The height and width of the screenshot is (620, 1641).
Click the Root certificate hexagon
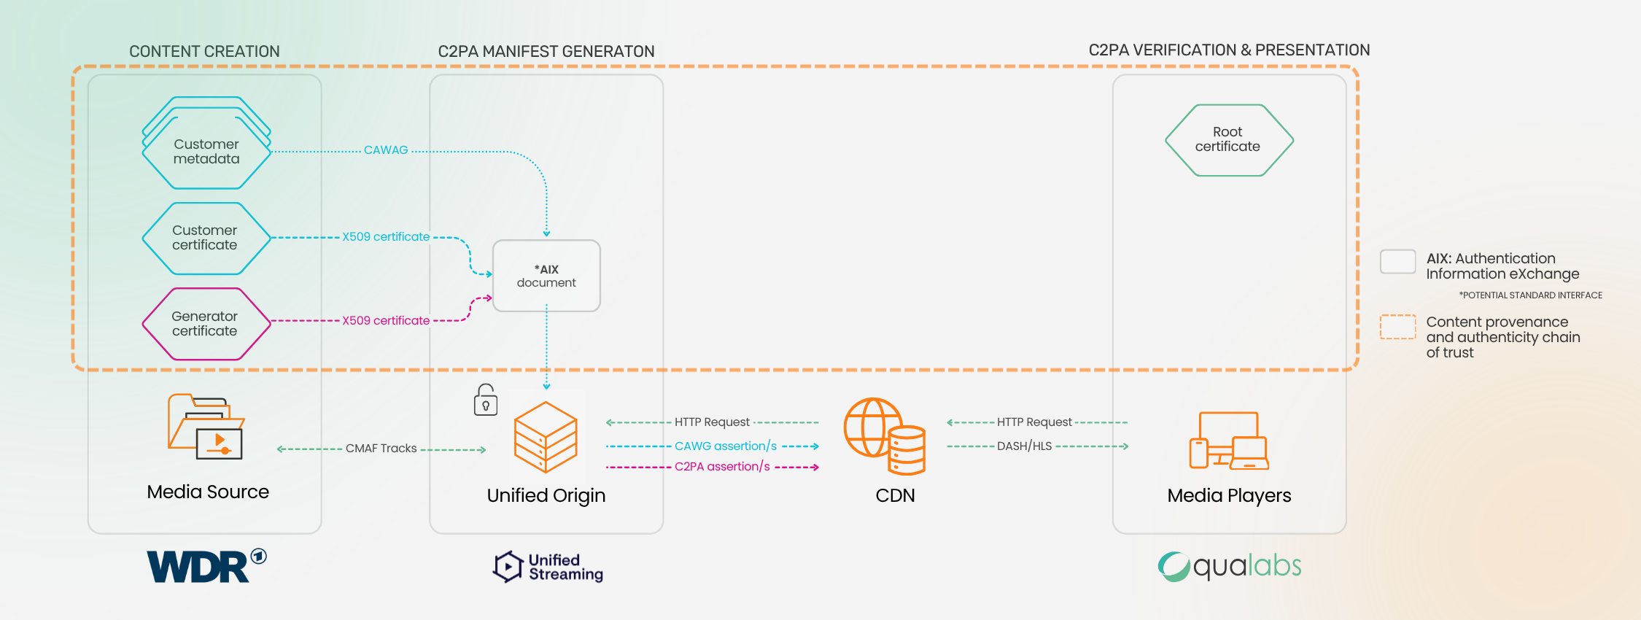tap(1228, 140)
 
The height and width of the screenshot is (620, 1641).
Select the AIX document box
tap(546, 276)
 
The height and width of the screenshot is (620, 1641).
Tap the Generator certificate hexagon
tap(206, 324)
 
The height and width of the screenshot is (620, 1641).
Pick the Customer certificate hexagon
tap(206, 238)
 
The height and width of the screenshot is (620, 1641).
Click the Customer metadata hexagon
tap(206, 151)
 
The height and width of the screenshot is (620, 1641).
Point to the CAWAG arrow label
tap(386, 150)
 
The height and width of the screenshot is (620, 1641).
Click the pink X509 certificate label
tap(386, 321)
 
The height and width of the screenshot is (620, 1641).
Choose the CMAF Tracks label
tap(381, 449)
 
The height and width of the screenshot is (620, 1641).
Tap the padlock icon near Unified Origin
tap(486, 400)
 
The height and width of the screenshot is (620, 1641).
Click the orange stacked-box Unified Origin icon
tap(546, 437)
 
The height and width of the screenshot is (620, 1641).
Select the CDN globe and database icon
tap(885, 435)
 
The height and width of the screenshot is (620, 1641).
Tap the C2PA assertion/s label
tap(722, 467)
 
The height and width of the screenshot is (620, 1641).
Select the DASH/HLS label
tap(1024, 446)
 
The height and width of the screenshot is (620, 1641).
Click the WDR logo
tap(206, 566)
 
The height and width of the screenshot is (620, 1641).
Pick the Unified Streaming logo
tap(548, 567)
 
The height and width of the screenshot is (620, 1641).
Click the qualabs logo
tap(1230, 567)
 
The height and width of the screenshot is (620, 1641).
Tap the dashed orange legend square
tap(1397, 327)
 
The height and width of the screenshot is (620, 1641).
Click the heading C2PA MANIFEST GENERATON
tap(546, 52)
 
